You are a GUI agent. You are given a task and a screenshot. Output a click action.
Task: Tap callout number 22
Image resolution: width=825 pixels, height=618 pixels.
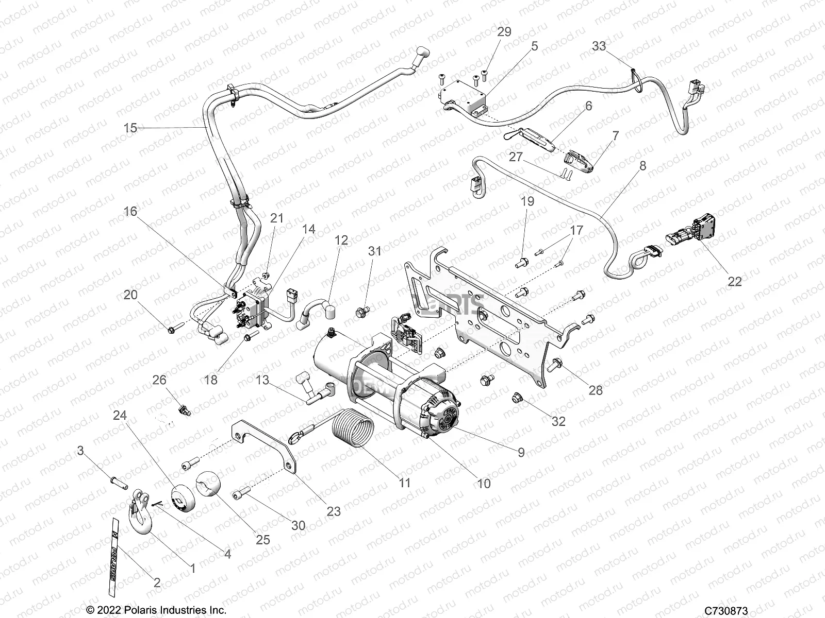click(734, 281)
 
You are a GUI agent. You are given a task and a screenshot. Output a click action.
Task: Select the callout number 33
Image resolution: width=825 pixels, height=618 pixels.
click(599, 46)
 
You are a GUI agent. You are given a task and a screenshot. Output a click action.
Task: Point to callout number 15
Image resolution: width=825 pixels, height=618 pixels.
click(130, 127)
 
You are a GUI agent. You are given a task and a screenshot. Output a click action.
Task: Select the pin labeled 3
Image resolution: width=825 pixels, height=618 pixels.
click(119, 484)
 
